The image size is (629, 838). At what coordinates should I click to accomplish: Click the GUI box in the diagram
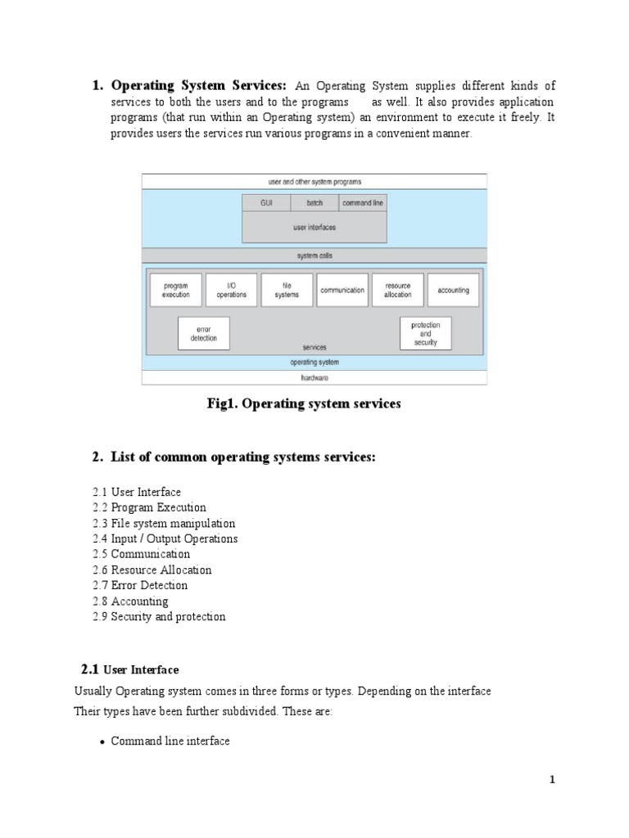pyautogui.click(x=266, y=202)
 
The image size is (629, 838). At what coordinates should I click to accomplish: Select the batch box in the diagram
pyautogui.click(x=314, y=202)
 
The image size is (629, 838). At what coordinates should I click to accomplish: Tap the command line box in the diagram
pyautogui.click(x=362, y=202)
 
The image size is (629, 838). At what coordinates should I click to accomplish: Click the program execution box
pyautogui.click(x=176, y=290)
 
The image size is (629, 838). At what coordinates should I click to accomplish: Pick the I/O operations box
pyautogui.click(x=232, y=290)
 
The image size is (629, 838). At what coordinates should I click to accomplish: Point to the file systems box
pyautogui.click(x=287, y=290)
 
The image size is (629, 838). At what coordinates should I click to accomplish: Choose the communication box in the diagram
pyautogui.click(x=342, y=290)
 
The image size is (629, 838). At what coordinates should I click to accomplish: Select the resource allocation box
pyautogui.click(x=398, y=290)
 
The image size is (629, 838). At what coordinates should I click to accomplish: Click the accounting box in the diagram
pyautogui.click(x=453, y=290)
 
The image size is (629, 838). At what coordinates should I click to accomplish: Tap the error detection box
pyautogui.click(x=204, y=334)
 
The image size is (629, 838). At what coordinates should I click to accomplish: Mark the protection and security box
pyautogui.click(x=425, y=334)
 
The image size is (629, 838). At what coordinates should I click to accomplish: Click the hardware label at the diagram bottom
pyautogui.click(x=314, y=378)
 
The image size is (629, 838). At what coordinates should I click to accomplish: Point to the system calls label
pyautogui.click(x=314, y=255)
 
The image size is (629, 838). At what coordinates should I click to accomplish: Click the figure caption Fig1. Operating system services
pyautogui.click(x=304, y=404)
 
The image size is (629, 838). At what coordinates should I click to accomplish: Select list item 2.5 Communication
pyautogui.click(x=141, y=554)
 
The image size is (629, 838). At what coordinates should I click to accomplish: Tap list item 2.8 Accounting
pyautogui.click(x=130, y=601)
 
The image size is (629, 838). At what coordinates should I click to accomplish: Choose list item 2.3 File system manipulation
pyautogui.click(x=164, y=523)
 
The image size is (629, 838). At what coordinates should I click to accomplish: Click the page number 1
pyautogui.click(x=552, y=780)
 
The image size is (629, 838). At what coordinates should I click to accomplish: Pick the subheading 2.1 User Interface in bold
pyautogui.click(x=130, y=669)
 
